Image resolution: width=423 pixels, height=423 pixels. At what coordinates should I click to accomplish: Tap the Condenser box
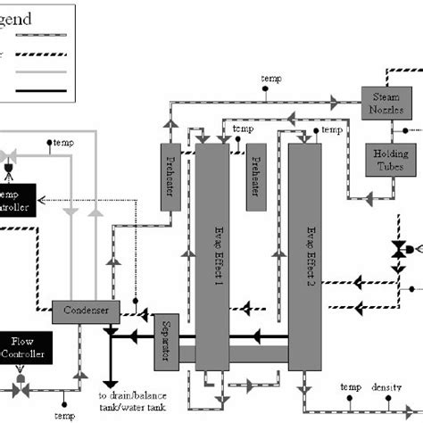click(x=87, y=311)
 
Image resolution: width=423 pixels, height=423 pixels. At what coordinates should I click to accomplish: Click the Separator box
click(x=166, y=340)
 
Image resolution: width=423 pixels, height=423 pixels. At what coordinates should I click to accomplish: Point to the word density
click(x=386, y=386)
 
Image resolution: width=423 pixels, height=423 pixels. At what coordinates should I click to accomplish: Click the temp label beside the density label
click(x=350, y=386)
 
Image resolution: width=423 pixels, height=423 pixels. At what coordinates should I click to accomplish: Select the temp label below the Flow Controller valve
click(x=64, y=416)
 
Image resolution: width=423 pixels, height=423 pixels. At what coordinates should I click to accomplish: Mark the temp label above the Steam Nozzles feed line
click(x=270, y=79)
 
